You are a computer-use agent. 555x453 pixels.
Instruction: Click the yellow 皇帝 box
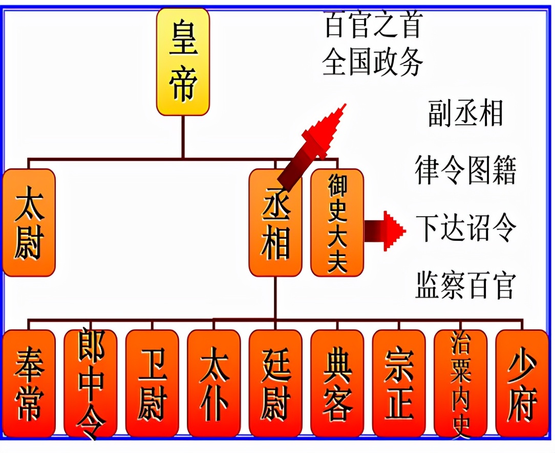[x=183, y=61]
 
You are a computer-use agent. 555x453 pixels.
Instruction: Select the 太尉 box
[x=29, y=223]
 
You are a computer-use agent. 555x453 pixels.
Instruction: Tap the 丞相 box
[x=275, y=223]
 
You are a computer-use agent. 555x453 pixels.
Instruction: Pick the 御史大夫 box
[x=337, y=223]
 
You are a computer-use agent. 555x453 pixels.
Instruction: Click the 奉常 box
[x=29, y=383]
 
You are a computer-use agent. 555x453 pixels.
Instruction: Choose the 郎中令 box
[x=90, y=383]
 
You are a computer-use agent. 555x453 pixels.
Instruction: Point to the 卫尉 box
[x=152, y=383]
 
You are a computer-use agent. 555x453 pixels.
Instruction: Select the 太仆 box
[x=214, y=383]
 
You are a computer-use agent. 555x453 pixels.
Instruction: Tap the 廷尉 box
[x=275, y=383]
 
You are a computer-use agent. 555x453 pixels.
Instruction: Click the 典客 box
[x=337, y=383]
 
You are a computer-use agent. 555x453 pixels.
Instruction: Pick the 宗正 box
[x=398, y=383]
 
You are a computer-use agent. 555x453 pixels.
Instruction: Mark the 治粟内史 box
[x=460, y=383]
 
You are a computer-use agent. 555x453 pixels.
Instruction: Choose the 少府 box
[x=522, y=383]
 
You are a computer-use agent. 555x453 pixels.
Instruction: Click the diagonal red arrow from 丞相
[x=312, y=146]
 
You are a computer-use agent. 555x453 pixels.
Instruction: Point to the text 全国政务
[x=373, y=63]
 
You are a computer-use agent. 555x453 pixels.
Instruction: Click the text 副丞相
[x=465, y=114]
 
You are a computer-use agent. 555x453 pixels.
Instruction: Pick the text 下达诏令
[x=465, y=229]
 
